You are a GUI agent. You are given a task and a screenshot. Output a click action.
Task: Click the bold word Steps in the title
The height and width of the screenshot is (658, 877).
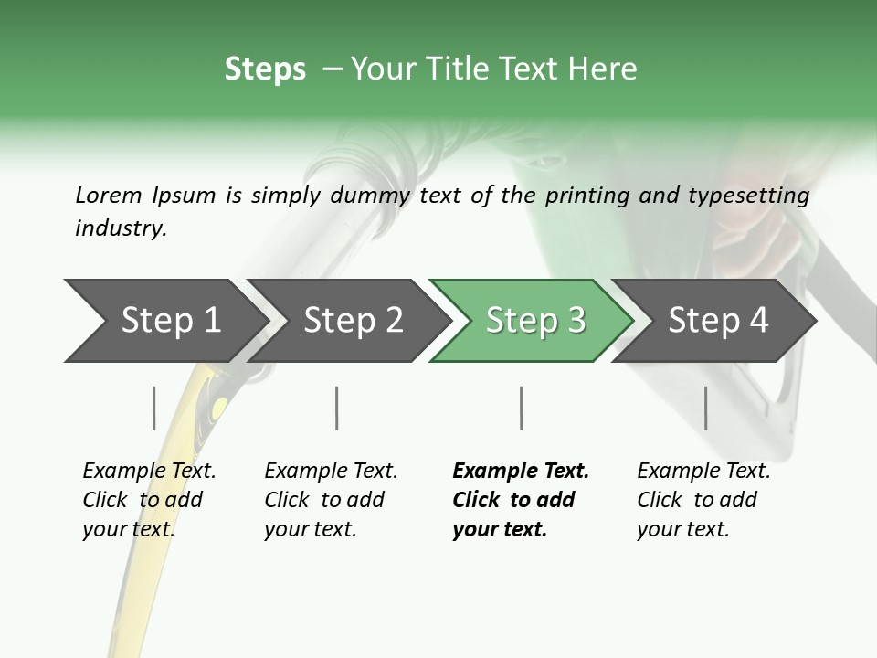point(265,69)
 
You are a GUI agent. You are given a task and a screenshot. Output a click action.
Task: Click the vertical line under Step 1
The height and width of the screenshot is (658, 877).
point(154,408)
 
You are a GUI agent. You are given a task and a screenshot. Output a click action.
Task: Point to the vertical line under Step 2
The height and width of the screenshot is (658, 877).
point(337,408)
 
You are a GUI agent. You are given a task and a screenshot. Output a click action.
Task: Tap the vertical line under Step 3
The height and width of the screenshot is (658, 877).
point(521,408)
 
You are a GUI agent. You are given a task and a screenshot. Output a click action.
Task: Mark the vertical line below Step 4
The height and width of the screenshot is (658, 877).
point(705,408)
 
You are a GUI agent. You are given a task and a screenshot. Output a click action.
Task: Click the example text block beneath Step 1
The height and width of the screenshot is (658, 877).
point(149,500)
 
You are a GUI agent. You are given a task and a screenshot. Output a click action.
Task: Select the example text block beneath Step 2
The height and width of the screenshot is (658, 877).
point(331,500)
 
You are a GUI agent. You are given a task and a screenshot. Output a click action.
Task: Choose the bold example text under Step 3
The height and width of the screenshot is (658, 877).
point(521,500)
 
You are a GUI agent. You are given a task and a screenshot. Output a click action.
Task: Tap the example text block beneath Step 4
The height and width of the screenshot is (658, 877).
point(703,500)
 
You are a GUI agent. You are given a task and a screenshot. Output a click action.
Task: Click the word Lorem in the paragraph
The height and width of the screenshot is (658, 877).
point(108,195)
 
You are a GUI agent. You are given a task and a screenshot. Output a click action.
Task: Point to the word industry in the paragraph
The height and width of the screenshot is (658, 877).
point(121,228)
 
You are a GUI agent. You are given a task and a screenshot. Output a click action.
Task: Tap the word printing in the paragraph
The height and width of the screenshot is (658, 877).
point(586,195)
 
